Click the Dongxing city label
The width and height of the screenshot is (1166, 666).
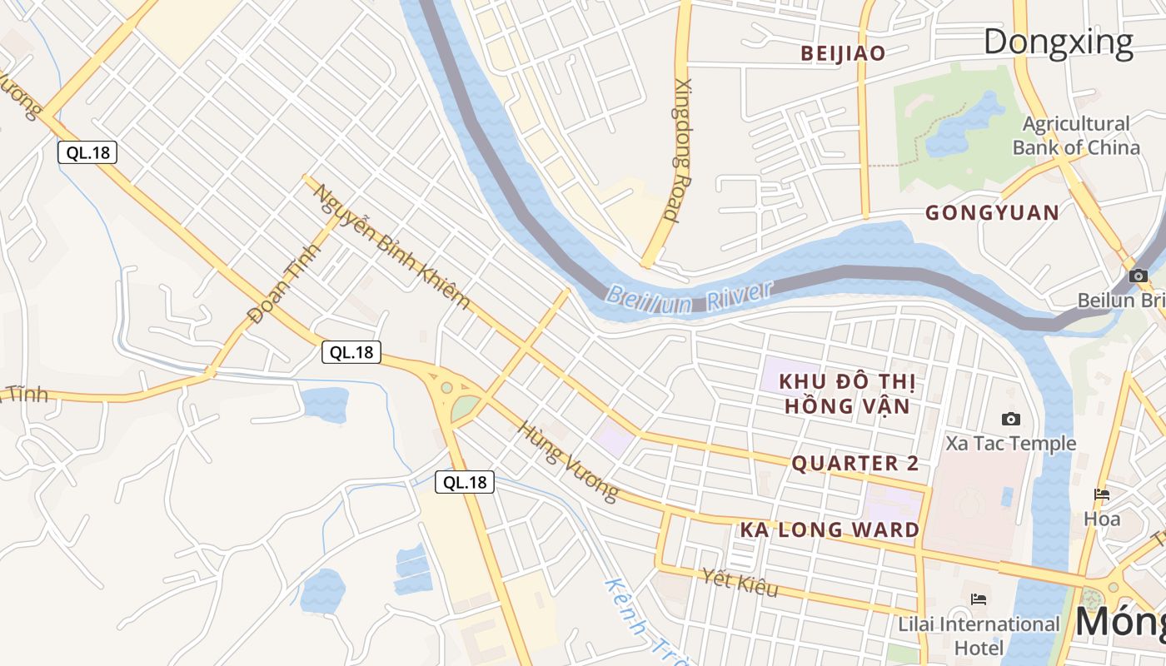click(x=1059, y=42)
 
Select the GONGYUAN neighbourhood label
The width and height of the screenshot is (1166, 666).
click(x=993, y=213)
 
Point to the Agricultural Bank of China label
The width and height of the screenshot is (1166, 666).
click(x=1076, y=137)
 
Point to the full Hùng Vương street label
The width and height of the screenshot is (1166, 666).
click(x=568, y=461)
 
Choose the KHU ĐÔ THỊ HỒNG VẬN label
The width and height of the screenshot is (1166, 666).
click(x=847, y=394)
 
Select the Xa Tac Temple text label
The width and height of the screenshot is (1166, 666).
click(x=1010, y=444)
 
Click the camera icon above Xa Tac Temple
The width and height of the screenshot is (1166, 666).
click(x=1011, y=419)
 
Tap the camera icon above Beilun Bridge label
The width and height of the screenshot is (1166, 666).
click(x=1139, y=276)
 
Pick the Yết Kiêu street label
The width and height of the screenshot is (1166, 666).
click(x=740, y=582)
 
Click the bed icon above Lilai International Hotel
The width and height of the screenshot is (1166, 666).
click(x=979, y=599)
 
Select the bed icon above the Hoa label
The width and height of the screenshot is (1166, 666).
click(x=1102, y=495)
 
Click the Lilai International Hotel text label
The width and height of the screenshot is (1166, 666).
click(x=979, y=635)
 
